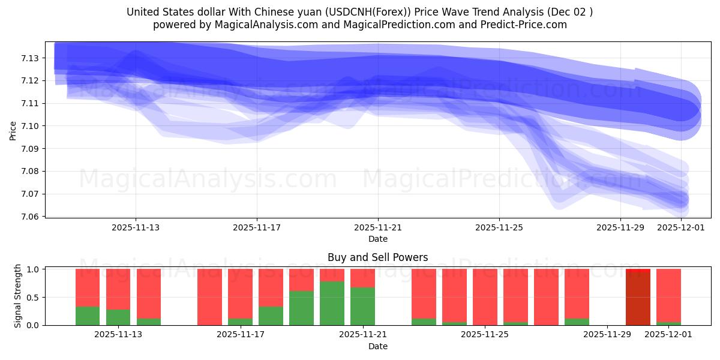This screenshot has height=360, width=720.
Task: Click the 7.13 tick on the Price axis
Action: (31, 58)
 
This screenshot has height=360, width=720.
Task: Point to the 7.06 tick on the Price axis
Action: (31, 217)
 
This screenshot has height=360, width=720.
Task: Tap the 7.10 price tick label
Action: (31, 126)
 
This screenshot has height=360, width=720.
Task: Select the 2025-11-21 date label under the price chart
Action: (378, 227)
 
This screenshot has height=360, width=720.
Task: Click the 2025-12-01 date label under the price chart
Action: (681, 227)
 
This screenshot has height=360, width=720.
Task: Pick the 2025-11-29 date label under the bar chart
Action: (608, 335)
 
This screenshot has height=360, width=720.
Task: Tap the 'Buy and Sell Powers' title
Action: (377, 257)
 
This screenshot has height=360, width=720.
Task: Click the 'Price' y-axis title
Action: (13, 130)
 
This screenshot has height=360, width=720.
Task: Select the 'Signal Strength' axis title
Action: (18, 296)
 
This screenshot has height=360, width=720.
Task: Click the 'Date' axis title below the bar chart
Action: (377, 346)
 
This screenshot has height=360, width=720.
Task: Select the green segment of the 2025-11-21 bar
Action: (362, 306)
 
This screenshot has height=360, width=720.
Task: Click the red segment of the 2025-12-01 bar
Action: (668, 294)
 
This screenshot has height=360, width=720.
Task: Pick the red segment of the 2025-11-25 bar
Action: (485, 296)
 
